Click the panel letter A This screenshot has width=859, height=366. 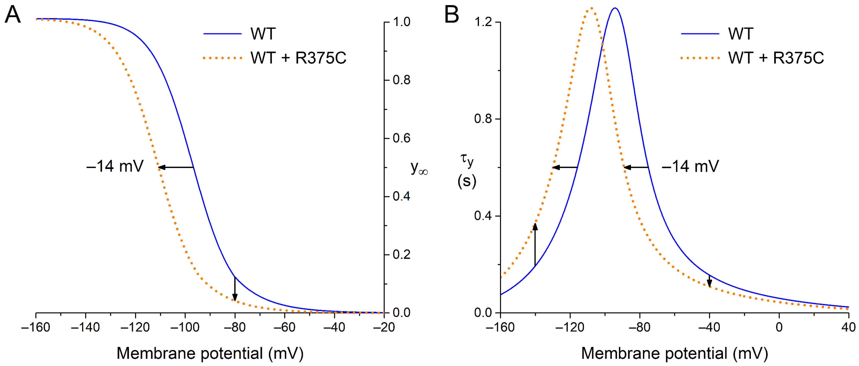13,15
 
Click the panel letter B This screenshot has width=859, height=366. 452,15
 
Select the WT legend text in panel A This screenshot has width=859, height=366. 263,34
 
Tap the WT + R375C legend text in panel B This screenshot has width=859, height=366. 776,58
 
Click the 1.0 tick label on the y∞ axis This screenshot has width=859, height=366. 401,22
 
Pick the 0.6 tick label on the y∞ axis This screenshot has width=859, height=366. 401,138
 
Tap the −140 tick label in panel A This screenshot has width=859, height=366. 85,327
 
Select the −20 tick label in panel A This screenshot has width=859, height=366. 384,327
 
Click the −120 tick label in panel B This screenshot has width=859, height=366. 570,327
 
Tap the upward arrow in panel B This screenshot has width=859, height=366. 535,244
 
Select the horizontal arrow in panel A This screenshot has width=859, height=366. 176,167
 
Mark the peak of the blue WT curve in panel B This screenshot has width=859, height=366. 615,8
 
